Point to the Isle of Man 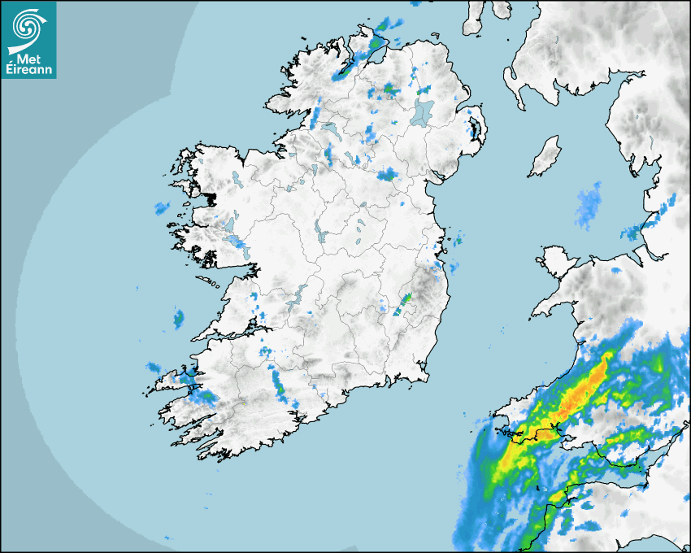[x=545, y=156]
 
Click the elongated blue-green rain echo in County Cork [x=277, y=383]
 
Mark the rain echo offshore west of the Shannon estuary [x=178, y=320]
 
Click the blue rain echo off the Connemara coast [x=162, y=208]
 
